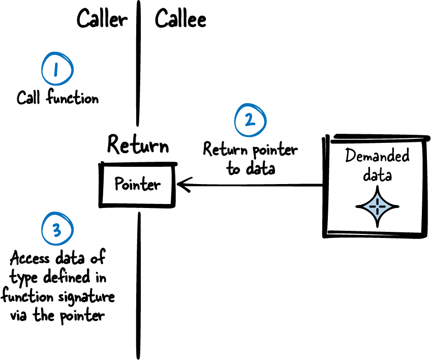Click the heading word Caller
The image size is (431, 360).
pos(102,20)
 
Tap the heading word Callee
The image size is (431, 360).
pos(180,20)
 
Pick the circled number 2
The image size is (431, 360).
pos(250,121)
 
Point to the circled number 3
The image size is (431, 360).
pos(57,230)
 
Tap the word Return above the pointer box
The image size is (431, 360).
pos(138,146)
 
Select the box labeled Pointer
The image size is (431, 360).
pos(137,184)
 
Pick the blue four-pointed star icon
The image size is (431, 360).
pos(377,207)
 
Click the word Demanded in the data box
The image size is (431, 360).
pos(377,156)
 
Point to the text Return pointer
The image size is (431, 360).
pos(250,150)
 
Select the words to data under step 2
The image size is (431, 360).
pos(251,169)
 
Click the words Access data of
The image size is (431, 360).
pos(57,258)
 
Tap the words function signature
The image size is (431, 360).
pos(57,296)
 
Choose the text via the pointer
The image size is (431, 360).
pos(57,316)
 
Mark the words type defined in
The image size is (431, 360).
pos(57,277)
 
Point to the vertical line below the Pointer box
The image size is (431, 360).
pos(138,285)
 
